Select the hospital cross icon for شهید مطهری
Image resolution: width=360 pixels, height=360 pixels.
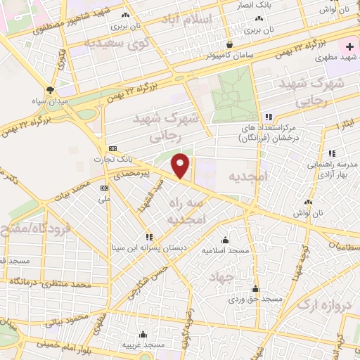point(349,46)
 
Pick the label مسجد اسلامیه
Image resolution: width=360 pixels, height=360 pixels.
point(225,250)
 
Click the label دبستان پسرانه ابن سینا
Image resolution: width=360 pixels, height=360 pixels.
point(148,248)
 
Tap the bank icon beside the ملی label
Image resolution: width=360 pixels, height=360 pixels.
point(104,188)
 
